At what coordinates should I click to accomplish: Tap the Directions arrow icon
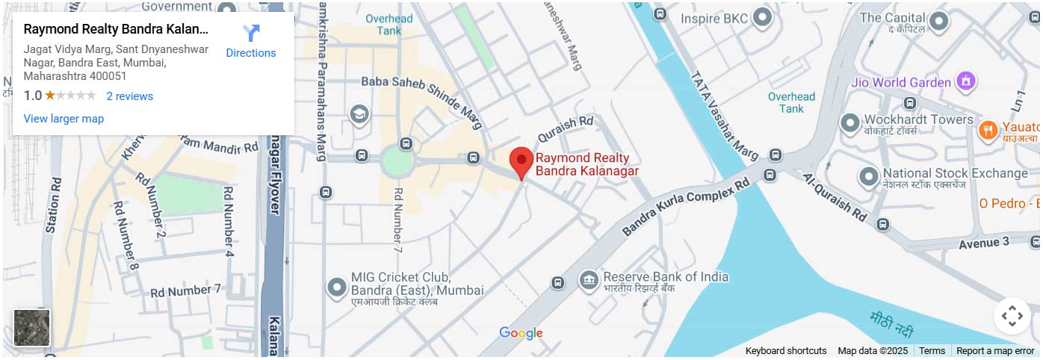(x=251, y=34)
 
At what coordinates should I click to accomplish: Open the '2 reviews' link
(x=129, y=96)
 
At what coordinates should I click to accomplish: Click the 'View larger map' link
(x=64, y=119)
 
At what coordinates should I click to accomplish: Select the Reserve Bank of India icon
(x=589, y=280)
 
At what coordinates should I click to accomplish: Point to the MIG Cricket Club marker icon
(x=336, y=286)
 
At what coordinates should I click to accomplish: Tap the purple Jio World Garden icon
(x=966, y=81)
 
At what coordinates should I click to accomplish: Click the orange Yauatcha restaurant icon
(x=988, y=130)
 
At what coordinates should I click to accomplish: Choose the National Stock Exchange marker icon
(x=868, y=177)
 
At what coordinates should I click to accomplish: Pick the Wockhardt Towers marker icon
(x=850, y=123)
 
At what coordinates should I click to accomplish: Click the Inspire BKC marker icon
(x=762, y=17)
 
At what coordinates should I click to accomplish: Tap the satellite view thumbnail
(x=32, y=328)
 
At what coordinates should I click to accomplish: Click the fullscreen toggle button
(x=1012, y=316)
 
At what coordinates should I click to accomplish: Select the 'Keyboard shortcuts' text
(x=785, y=351)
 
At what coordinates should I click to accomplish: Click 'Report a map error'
(x=994, y=351)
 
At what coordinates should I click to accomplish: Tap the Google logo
(x=521, y=333)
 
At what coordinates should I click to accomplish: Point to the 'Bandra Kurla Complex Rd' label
(x=684, y=207)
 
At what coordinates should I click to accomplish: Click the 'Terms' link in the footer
(x=932, y=351)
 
